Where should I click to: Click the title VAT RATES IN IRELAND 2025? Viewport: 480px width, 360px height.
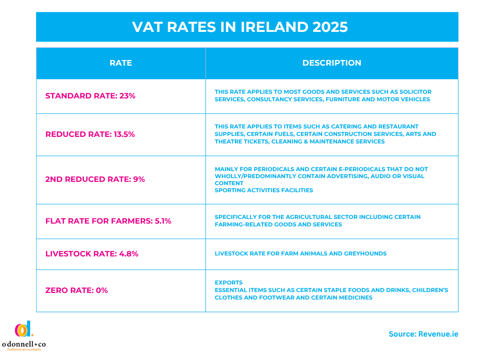(x=240, y=27)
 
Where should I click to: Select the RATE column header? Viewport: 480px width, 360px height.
(x=120, y=63)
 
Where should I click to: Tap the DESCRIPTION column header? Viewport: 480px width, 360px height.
(x=331, y=63)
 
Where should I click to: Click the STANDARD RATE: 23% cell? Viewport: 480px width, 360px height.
(x=90, y=96)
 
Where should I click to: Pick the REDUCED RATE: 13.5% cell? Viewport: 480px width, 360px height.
(x=90, y=134)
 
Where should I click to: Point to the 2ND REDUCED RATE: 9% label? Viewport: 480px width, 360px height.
(x=95, y=179)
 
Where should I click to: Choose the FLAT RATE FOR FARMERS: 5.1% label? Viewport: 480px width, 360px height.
(x=108, y=221)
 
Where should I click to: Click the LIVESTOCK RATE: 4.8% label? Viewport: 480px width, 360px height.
(x=92, y=254)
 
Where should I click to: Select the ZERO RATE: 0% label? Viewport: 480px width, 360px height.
(x=76, y=290)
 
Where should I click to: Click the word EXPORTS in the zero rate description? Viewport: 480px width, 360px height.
(x=229, y=283)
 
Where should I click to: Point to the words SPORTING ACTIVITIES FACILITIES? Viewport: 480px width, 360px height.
(x=264, y=190)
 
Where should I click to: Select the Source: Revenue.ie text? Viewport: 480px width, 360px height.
(x=423, y=334)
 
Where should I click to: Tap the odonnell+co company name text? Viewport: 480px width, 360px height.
(x=24, y=345)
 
